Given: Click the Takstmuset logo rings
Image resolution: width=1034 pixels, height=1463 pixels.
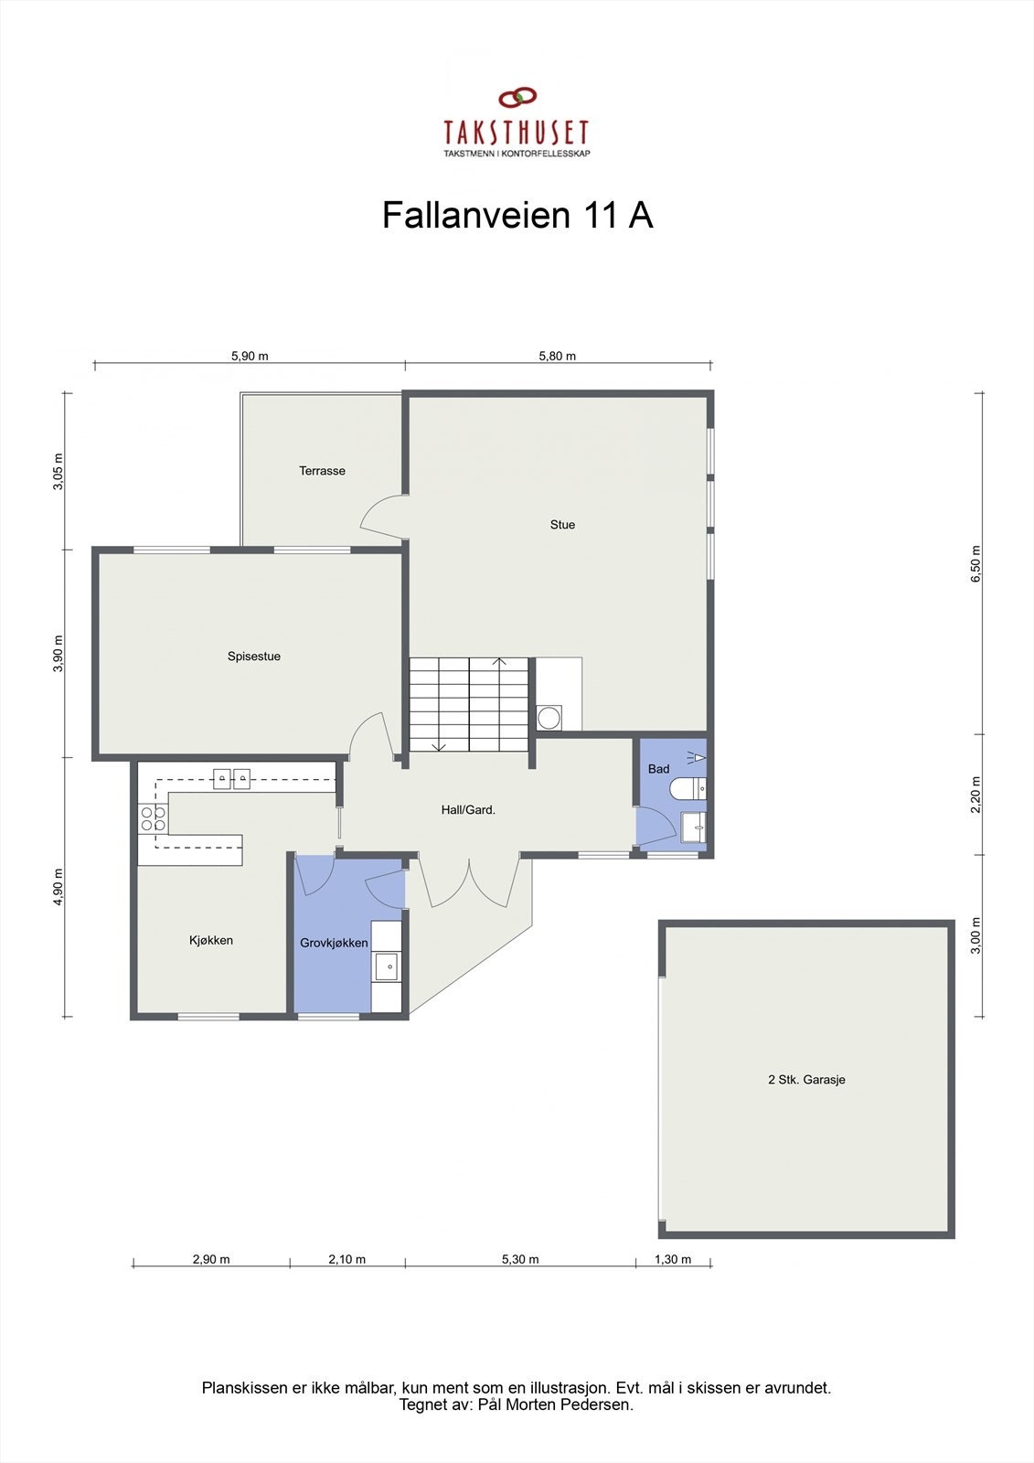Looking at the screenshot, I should (x=517, y=97).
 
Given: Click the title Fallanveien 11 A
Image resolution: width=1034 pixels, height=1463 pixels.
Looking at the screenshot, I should (x=517, y=216).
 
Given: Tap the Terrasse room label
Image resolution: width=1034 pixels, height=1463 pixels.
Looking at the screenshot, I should (x=322, y=471).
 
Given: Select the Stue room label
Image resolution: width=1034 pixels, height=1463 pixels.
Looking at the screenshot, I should (x=562, y=525).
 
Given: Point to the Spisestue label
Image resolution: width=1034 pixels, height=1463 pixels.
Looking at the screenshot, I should (x=254, y=657).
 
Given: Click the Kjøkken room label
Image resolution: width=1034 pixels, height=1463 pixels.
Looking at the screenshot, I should (x=211, y=940).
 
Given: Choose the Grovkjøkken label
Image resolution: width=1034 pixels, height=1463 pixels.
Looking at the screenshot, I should (x=334, y=943).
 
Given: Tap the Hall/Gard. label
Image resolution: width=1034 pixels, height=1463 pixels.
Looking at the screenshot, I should (x=468, y=809).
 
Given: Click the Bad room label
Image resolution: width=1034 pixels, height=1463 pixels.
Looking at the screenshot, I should (x=658, y=769).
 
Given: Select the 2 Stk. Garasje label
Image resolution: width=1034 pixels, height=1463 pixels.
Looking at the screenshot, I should (x=806, y=1080).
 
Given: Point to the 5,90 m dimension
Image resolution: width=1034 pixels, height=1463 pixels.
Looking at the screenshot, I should (x=250, y=356).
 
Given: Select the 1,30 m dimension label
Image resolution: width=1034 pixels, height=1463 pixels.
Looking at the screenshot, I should (x=673, y=1259).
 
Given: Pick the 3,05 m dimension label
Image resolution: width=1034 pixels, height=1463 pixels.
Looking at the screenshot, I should (x=59, y=472).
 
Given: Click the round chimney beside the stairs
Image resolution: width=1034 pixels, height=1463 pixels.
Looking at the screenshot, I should (x=549, y=718).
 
